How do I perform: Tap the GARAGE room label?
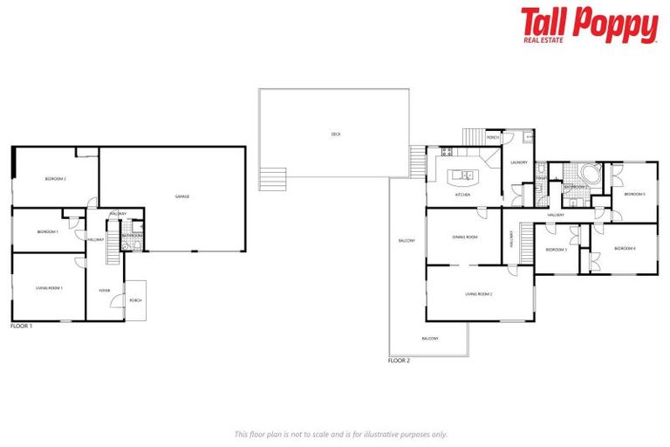click(x=182, y=196)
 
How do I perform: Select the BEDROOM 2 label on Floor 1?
click(x=56, y=179)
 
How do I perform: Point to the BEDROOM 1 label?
click(x=47, y=231)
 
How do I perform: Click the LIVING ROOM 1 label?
click(x=49, y=287)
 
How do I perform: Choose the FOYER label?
click(x=105, y=291)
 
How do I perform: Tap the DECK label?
click(x=336, y=134)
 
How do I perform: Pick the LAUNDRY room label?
click(x=519, y=162)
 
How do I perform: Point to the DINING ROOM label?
click(x=464, y=237)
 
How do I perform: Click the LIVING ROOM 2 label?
click(x=479, y=294)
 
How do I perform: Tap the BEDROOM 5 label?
click(x=634, y=194)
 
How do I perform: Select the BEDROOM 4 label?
click(x=625, y=249)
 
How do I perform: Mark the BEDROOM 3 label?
click(x=557, y=250)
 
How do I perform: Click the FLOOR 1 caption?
click(x=21, y=326)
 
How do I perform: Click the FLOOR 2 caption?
click(x=399, y=359)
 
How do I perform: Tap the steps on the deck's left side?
click(x=272, y=178)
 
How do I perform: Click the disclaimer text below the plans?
click(x=341, y=433)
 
